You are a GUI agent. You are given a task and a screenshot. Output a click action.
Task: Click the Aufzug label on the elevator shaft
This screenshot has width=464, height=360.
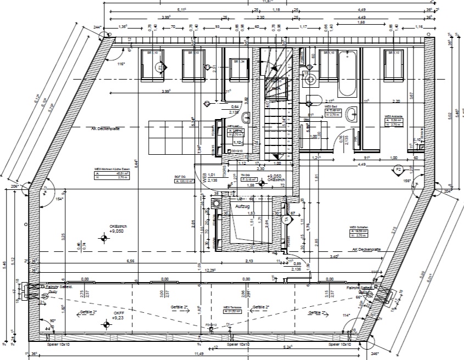243,206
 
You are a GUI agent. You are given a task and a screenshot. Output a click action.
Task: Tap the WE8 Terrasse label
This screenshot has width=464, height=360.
233,309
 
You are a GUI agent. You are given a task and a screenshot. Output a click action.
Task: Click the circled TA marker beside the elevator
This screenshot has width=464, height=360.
286,218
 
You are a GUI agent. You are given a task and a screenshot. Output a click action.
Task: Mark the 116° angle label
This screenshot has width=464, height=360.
121,64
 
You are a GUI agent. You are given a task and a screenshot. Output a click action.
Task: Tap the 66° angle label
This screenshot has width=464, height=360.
359,297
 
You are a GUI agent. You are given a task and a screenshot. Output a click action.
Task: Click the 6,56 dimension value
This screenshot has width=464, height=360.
131,261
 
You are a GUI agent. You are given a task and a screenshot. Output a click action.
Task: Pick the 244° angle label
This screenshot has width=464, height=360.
98,27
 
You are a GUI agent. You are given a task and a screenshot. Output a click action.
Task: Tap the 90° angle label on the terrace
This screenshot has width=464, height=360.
53,320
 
